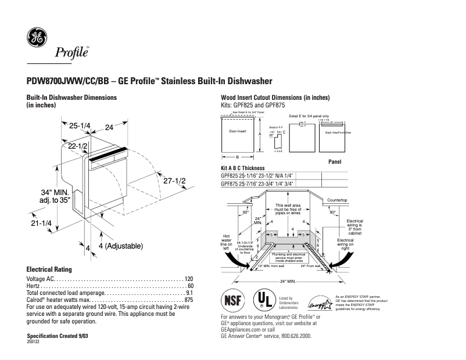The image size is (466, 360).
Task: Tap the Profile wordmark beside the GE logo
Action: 72,53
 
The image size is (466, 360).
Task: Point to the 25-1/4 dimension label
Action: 80,126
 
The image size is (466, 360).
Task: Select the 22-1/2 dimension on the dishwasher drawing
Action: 78,146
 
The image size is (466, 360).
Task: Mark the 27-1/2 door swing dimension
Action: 174,181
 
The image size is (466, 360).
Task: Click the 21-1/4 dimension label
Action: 41,223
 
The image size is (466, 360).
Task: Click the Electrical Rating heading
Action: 49,269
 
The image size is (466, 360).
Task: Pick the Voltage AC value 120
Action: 188,279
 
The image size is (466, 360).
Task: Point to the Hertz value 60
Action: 190,286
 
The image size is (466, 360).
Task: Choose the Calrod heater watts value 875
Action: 188,300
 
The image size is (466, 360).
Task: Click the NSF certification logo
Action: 234,301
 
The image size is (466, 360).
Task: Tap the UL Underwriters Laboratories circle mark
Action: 264,300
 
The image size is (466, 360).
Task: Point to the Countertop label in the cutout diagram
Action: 337,200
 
